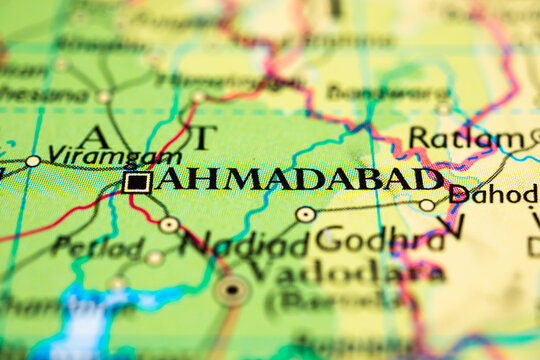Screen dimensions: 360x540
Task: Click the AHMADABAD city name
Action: [x=300, y=180]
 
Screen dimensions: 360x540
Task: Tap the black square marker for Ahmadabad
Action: [x=137, y=182]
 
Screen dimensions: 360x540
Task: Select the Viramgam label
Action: [x=115, y=156]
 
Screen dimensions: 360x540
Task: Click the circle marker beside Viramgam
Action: [x=33, y=160]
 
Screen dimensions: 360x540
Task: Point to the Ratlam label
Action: [x=466, y=138]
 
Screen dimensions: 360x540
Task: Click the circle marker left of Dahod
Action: [x=427, y=205]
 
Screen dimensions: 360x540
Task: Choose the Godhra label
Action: [x=380, y=239]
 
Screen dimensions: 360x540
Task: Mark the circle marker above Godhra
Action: [x=305, y=214]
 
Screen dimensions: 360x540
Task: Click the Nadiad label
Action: [x=245, y=243]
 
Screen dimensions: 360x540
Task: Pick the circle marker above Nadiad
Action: [x=169, y=225]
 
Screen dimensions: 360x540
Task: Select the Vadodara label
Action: [x=346, y=271]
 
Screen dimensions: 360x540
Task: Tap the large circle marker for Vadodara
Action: [x=232, y=291]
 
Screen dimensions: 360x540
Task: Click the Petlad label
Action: [x=97, y=246]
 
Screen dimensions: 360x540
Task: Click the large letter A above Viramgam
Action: [x=95, y=136]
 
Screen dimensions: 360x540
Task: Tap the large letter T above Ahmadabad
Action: [x=205, y=137]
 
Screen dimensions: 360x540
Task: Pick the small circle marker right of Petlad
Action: [x=154, y=257]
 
